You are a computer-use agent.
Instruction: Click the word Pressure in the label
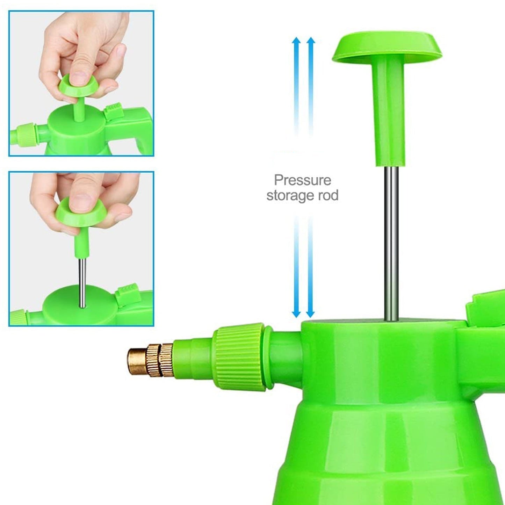pos(302,180)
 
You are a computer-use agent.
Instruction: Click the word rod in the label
pos(328,195)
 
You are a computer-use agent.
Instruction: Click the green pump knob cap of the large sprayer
pos(387,45)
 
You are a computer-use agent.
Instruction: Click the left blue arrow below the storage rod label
pos(296,269)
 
